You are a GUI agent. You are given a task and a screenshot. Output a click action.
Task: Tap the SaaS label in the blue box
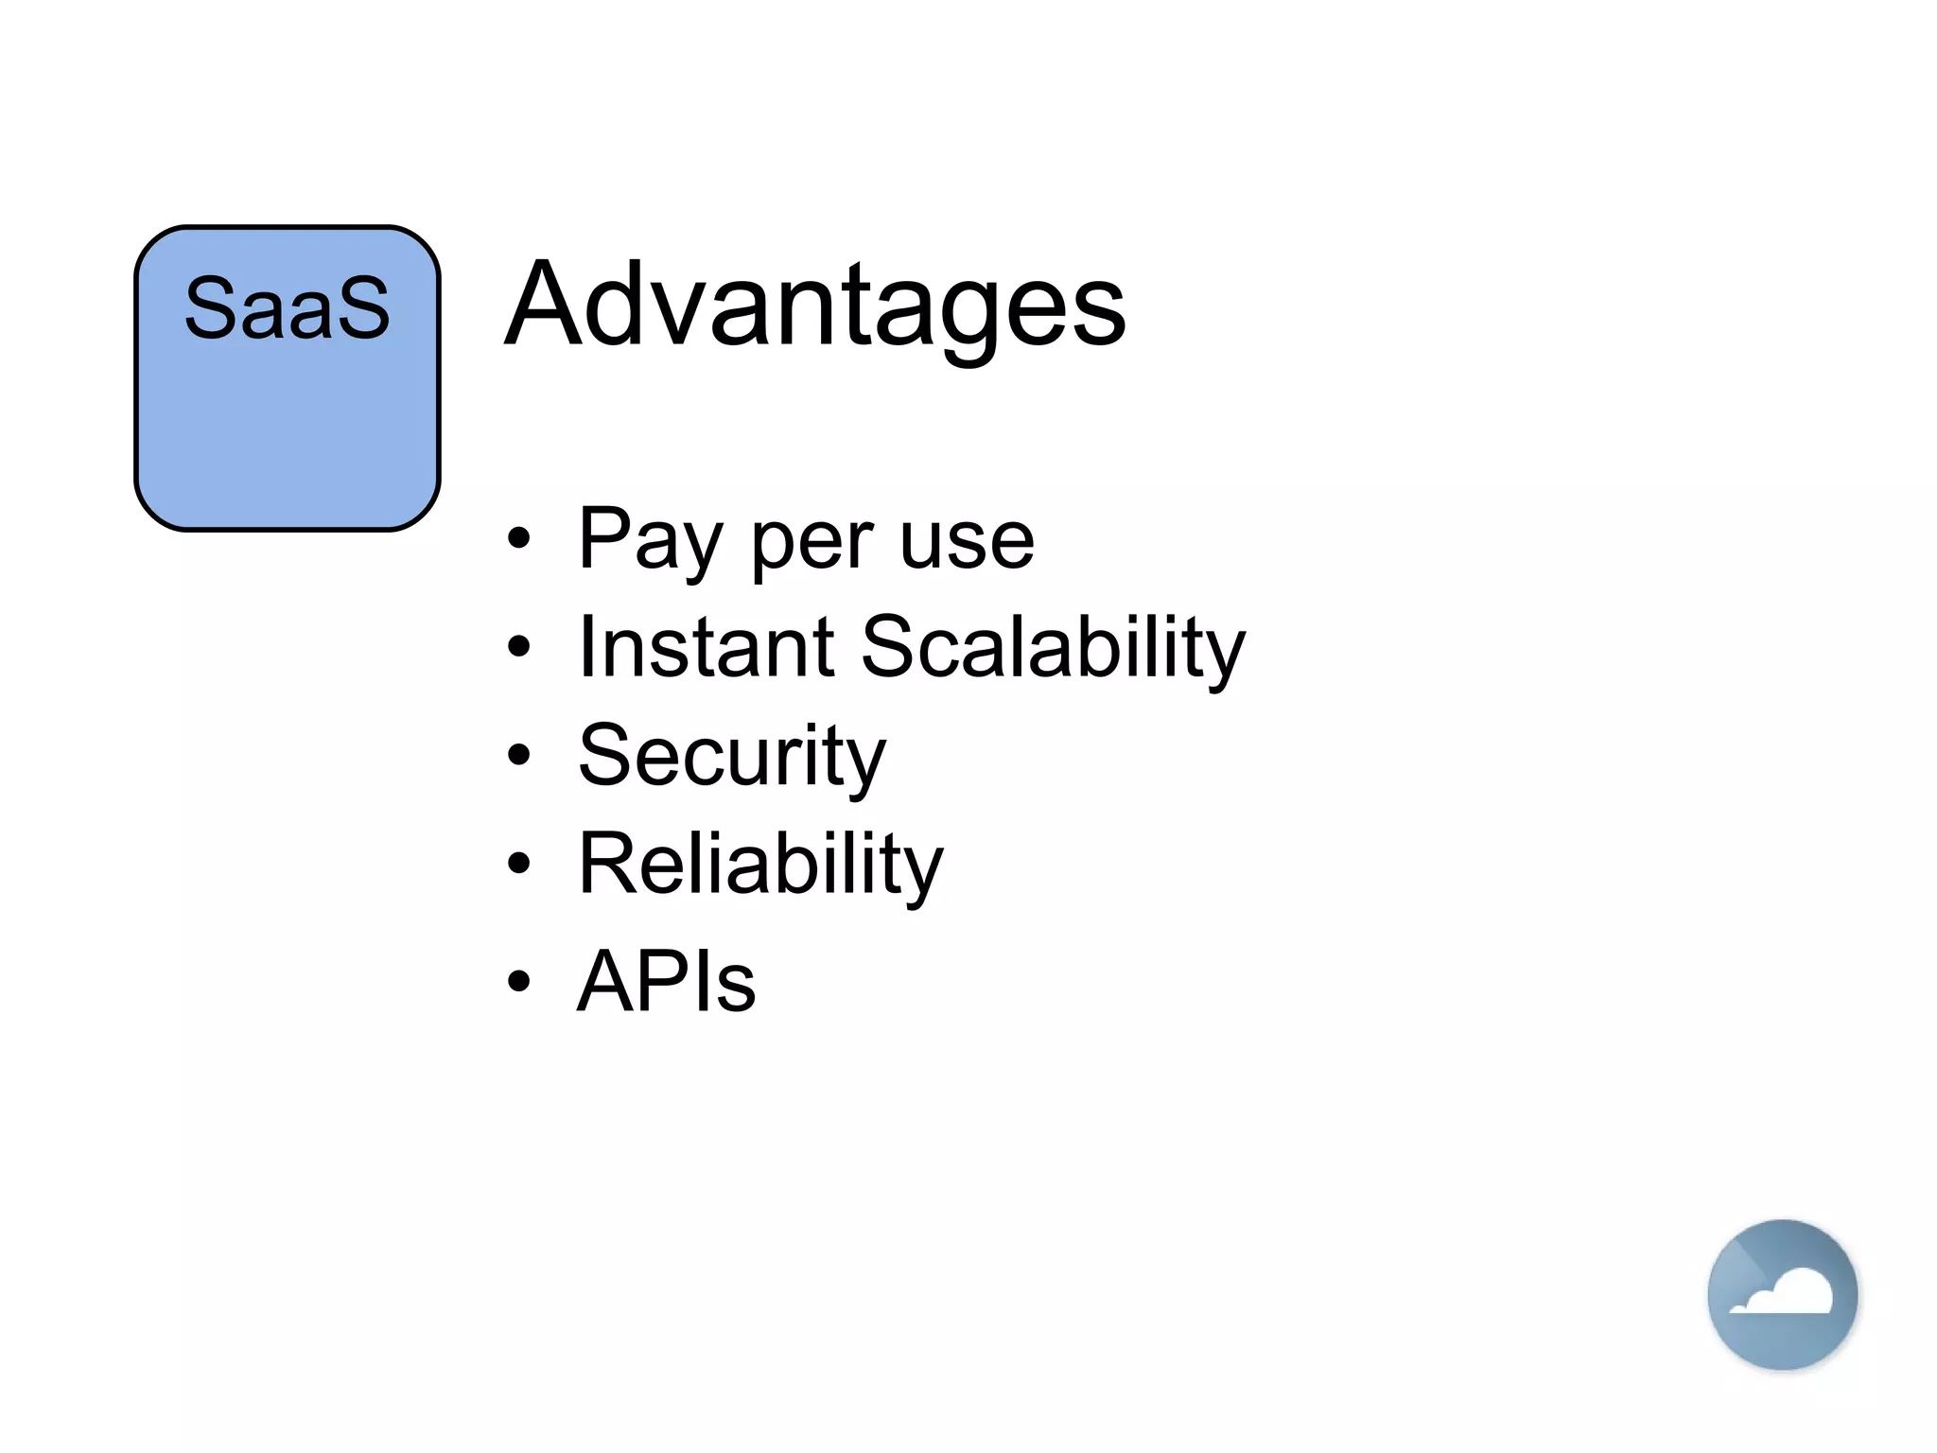(287, 308)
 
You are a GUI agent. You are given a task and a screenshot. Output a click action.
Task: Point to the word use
(967, 543)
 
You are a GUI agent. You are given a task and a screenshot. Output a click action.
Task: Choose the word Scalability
(1053, 649)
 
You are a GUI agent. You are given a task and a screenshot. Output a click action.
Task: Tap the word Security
(732, 757)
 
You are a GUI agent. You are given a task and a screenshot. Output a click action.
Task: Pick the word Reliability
(760, 865)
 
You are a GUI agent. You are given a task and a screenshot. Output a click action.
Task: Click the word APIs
(667, 981)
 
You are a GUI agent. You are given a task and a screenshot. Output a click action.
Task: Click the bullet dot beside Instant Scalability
(518, 647)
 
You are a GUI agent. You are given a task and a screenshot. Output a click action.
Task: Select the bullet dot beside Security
(518, 755)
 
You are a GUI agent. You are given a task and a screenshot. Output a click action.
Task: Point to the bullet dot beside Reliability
(518, 863)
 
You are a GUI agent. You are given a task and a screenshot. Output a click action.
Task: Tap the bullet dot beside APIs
(518, 980)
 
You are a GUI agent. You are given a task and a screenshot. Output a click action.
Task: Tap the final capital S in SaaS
(364, 308)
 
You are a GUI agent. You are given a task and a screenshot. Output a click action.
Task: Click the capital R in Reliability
(605, 863)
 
